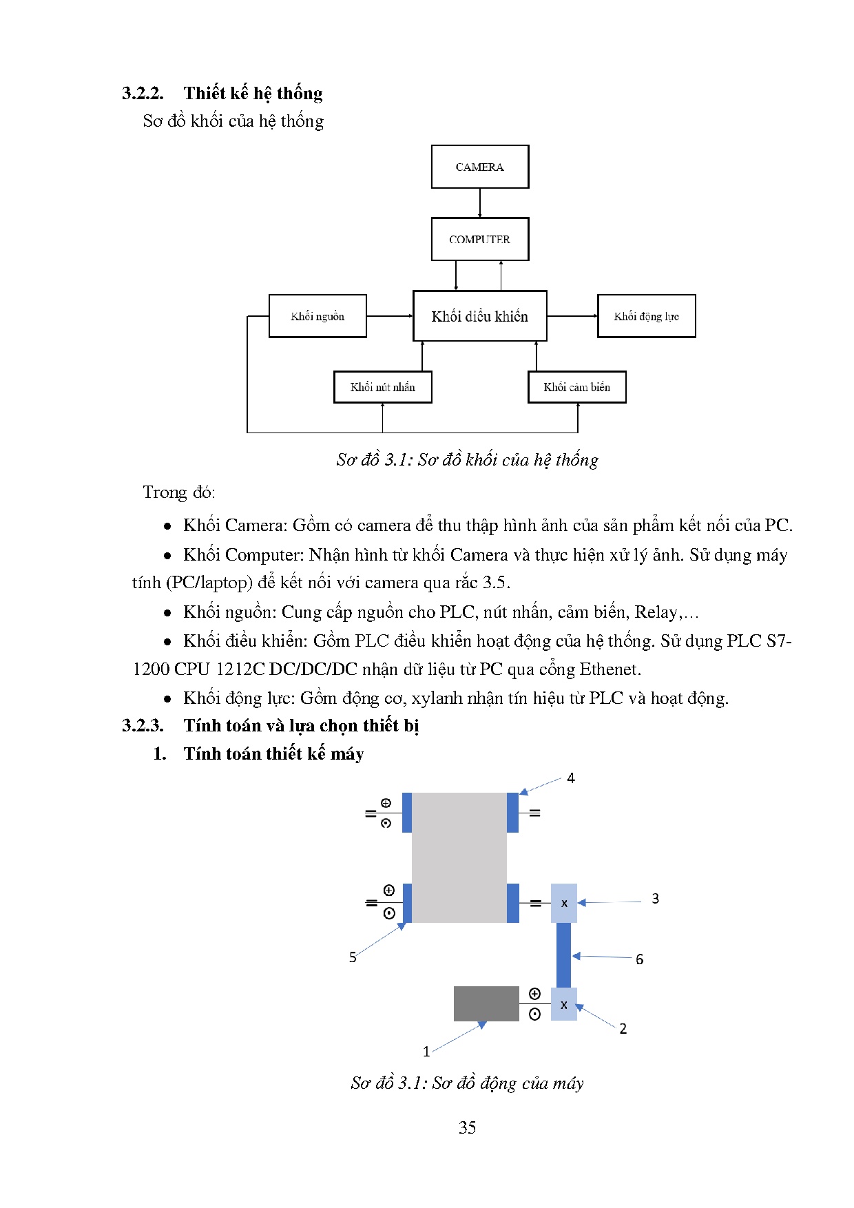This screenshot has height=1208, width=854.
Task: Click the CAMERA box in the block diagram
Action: [480, 167]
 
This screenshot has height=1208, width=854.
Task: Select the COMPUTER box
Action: [480, 239]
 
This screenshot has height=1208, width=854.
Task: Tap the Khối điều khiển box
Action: [480, 316]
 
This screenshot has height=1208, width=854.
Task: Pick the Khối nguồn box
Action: [317, 316]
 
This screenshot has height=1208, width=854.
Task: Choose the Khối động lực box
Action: [646, 316]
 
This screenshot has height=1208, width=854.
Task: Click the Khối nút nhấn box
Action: [382, 387]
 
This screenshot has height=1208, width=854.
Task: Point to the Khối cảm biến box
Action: [576, 387]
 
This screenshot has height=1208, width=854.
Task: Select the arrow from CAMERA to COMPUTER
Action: [480, 203]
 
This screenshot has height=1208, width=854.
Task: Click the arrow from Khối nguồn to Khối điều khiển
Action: [389, 316]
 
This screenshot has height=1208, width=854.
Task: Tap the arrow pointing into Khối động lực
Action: [572, 316]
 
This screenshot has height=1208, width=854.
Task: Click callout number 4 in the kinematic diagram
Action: [570, 778]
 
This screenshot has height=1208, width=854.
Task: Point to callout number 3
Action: [655, 899]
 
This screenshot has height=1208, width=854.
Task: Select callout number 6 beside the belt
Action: [639, 959]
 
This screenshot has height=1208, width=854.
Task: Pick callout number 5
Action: [353, 957]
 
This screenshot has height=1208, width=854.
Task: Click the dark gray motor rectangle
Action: [486, 1003]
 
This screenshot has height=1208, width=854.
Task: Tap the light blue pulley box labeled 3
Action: [564, 903]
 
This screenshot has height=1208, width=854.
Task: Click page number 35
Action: [467, 1127]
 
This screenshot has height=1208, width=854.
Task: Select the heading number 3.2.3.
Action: [143, 725]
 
